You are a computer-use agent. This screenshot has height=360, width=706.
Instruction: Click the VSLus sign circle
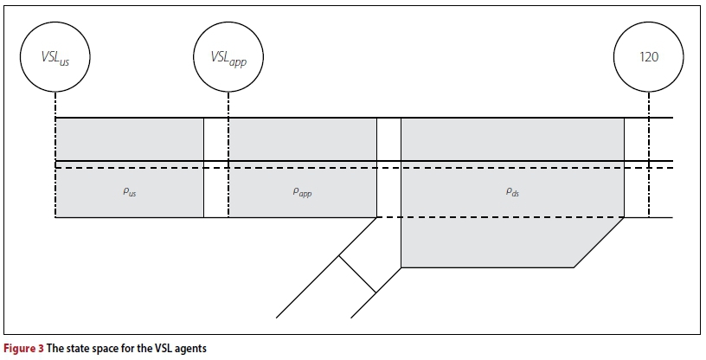click(x=55, y=58)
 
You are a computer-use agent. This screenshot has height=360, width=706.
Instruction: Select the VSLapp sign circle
click(x=228, y=58)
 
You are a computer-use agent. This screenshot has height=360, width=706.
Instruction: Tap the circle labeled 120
click(x=648, y=58)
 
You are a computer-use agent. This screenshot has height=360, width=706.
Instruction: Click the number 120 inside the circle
click(x=648, y=58)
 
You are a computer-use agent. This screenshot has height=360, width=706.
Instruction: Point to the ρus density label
click(x=130, y=193)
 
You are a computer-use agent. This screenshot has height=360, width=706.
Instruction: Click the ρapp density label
click(x=302, y=193)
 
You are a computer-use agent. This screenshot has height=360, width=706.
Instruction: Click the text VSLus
click(x=55, y=59)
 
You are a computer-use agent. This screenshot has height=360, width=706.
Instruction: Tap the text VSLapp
click(x=228, y=59)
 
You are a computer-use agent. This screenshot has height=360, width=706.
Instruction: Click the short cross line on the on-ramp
click(x=356, y=273)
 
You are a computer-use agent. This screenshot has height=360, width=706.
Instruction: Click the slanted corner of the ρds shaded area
click(x=598, y=243)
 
